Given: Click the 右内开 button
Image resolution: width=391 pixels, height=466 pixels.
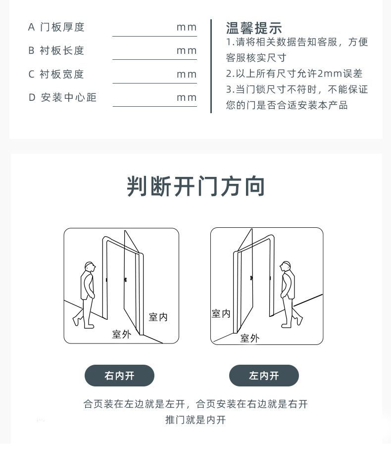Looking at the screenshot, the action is pos(119,376).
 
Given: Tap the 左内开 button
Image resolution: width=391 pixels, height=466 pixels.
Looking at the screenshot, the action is pos(264,376).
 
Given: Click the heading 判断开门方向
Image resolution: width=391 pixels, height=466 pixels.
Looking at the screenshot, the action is pos(195,186).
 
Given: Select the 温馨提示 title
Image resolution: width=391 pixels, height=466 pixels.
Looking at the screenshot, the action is pos(254,28).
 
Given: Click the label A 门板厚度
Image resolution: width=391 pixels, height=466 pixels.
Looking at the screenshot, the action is pos(56,27).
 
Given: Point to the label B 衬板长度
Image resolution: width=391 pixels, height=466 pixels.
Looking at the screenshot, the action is pos(56,50).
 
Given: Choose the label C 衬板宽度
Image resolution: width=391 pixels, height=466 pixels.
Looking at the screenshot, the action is pos(56,74).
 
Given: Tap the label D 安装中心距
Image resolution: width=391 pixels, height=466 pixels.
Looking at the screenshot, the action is pos(62,97).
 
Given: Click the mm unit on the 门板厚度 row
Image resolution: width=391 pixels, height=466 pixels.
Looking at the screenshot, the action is pos(187,27).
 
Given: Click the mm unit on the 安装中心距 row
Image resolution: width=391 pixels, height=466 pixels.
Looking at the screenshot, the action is pos(187,97).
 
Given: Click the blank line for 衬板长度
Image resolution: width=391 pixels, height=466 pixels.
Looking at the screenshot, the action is pos(155,59).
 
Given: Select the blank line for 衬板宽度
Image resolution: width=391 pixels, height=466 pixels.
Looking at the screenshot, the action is pos(155,83).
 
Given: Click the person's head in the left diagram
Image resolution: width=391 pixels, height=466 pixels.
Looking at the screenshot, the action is pos(90,266).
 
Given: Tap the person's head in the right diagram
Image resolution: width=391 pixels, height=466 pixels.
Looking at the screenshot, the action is pos(285,266).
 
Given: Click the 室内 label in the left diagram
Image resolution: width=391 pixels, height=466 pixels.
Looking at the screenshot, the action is pos(158,317).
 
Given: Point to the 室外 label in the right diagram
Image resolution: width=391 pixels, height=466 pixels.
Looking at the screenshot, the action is pos(249,338).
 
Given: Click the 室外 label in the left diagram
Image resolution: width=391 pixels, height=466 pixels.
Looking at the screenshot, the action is pos(121,335).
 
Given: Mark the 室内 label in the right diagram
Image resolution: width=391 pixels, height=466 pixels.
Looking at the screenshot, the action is pos(221,313).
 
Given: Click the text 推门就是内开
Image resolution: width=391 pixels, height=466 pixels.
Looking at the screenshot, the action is pos(195,420).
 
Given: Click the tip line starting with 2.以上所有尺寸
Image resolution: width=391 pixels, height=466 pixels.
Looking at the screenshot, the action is pos(294,74).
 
